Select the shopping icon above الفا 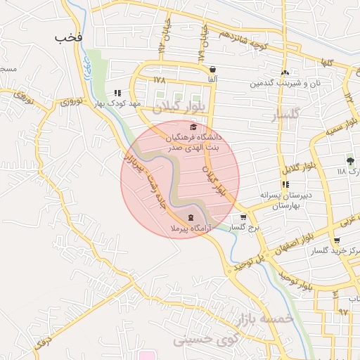coord(212,69)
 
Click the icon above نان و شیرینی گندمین coord(285,72)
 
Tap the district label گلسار coord(285,113)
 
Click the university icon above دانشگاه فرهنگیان coord(193,126)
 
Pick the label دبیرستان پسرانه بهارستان coord(285,200)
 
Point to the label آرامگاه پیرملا coord(191,229)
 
